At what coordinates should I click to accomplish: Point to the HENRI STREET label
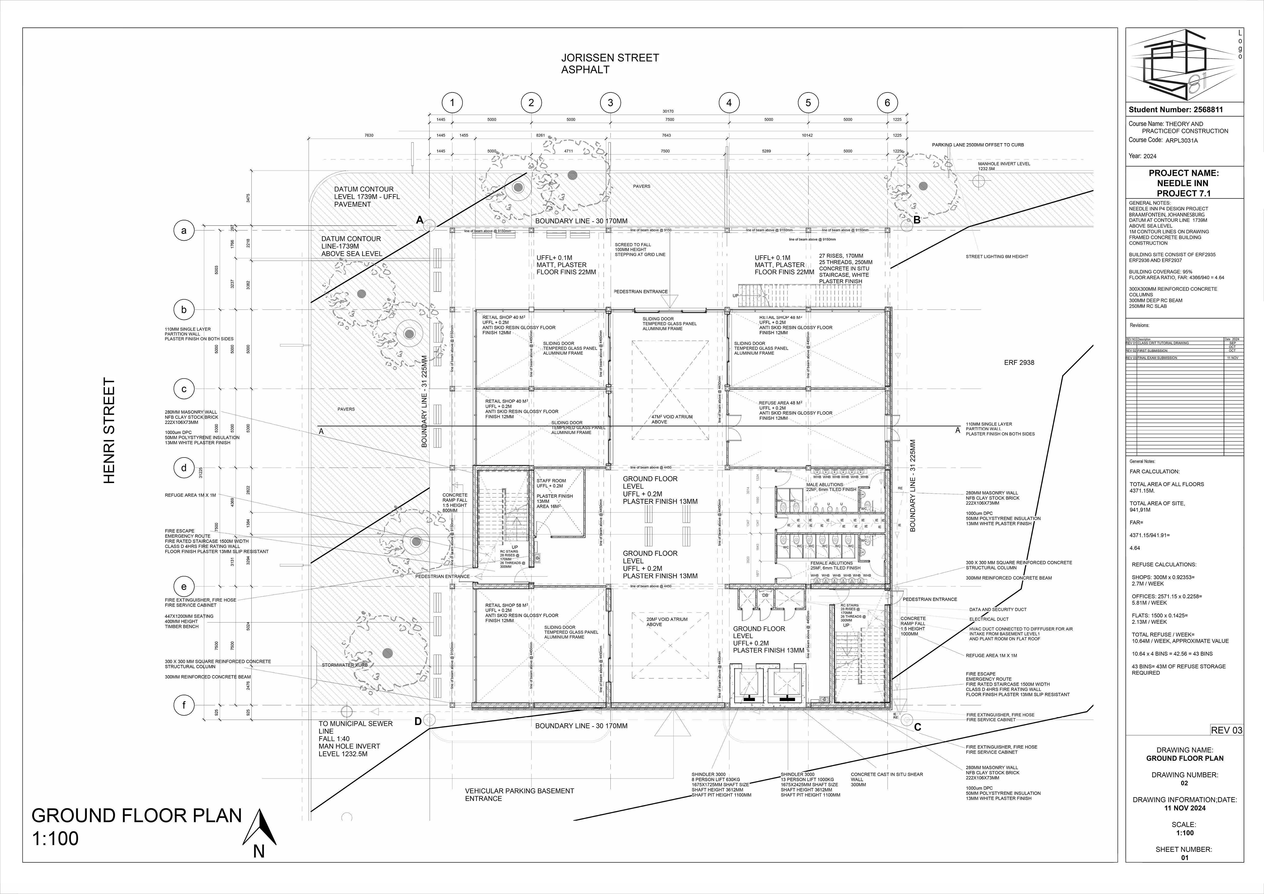[x=110, y=430]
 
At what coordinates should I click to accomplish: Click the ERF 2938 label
[x=1019, y=363]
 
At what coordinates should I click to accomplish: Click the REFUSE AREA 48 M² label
[x=780, y=403]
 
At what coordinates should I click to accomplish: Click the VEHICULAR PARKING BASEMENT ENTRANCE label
[x=519, y=794]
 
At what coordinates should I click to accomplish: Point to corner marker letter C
[x=917, y=727]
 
